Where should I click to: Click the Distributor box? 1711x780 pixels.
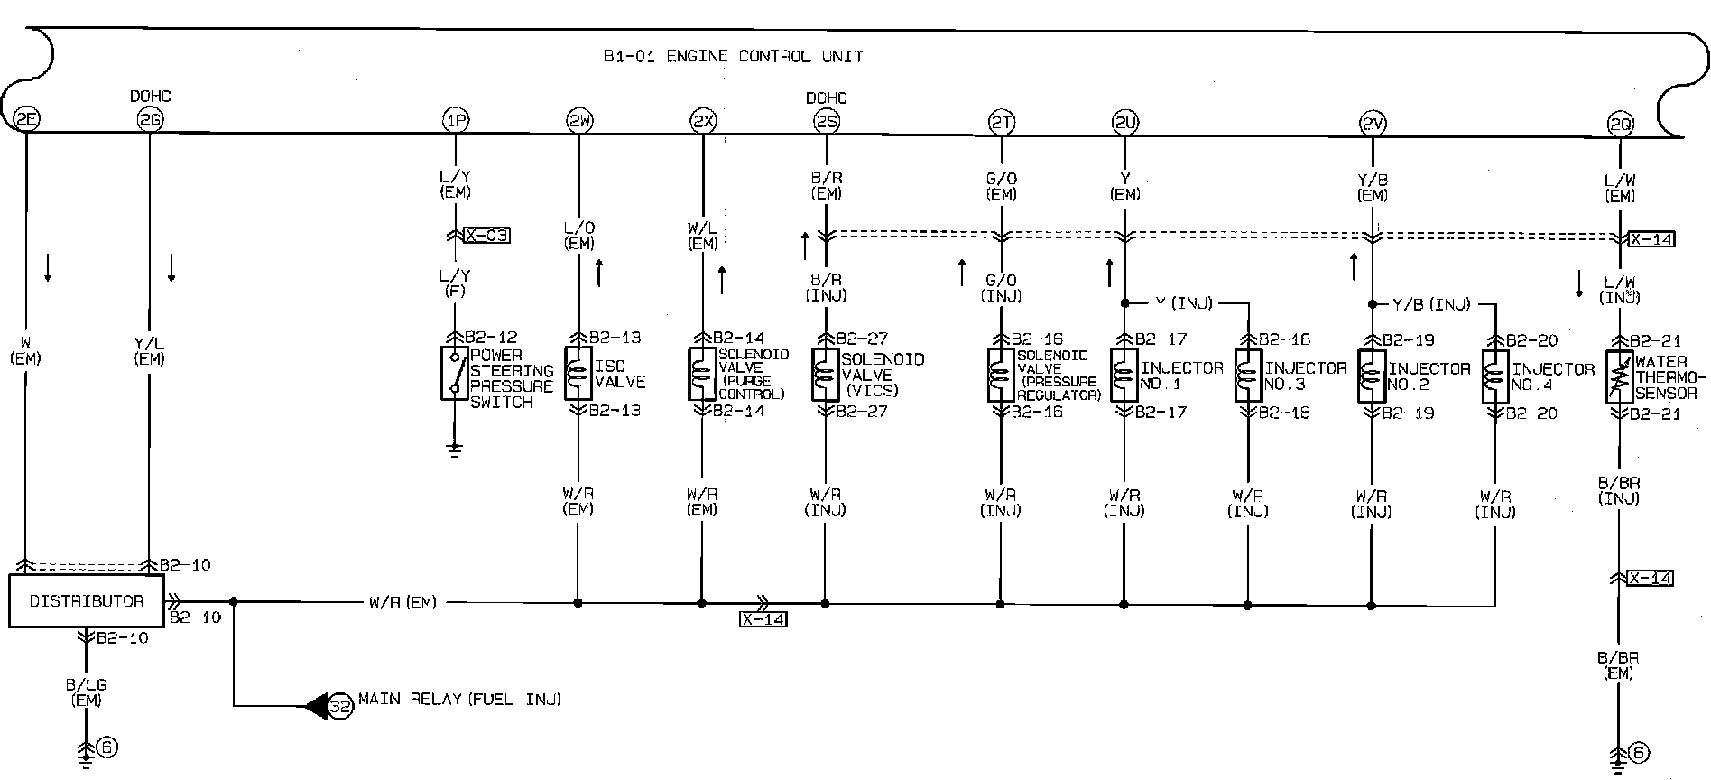[87, 601]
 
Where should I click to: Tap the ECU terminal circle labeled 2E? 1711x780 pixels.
[27, 118]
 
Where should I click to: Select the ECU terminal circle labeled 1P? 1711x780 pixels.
[455, 119]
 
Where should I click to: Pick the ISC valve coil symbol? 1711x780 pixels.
[578, 374]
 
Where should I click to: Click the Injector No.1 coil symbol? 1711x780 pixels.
[1124, 376]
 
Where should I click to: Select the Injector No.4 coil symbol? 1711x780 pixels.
[1495, 376]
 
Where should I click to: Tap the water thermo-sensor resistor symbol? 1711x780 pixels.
[1620, 377]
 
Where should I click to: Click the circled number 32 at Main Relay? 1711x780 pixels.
[340, 705]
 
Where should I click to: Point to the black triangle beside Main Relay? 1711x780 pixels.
[317, 705]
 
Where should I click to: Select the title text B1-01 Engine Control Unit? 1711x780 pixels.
[733, 57]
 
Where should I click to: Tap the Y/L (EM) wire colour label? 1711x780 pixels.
[150, 352]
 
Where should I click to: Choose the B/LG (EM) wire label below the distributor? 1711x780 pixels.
[87, 692]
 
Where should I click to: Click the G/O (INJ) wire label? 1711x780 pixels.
[1001, 288]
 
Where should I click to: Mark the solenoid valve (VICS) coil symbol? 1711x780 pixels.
[825, 375]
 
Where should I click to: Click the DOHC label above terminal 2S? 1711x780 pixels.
[827, 97]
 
